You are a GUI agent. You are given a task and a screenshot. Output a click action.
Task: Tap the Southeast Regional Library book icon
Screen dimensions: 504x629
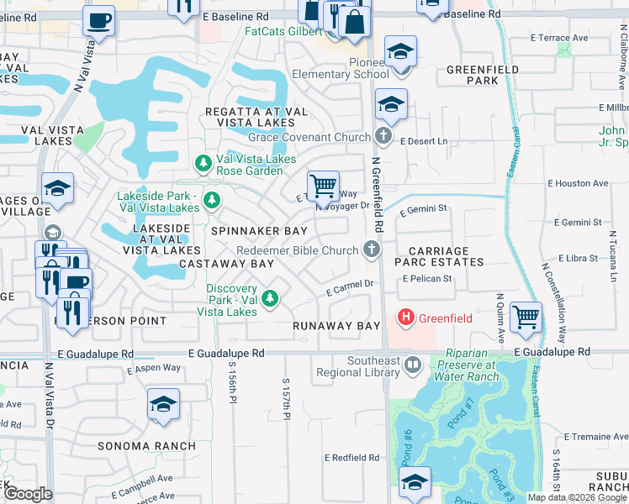(x=413, y=364)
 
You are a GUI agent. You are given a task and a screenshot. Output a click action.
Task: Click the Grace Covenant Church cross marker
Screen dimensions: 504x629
(x=383, y=136)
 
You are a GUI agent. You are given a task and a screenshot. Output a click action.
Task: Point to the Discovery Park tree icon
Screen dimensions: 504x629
(x=270, y=297)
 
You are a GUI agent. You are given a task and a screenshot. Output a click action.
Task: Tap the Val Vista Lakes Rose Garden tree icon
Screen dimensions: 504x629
(x=203, y=162)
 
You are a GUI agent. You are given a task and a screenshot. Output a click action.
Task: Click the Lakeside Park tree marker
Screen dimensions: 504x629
(x=212, y=200)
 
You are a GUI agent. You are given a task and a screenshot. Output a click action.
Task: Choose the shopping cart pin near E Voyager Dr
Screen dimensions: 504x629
(x=323, y=185)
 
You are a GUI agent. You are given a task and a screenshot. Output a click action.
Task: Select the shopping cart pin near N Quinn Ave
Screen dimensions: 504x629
(x=526, y=317)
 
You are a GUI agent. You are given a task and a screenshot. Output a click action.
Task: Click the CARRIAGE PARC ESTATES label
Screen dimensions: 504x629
(x=446, y=256)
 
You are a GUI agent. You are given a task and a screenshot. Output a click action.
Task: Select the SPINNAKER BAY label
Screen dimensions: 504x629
(x=258, y=230)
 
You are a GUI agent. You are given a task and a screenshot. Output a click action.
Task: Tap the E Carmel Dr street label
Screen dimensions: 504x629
(x=350, y=287)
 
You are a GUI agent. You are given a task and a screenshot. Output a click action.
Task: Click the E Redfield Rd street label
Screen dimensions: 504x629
(x=352, y=458)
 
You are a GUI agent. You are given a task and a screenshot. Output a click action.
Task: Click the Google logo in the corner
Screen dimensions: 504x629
(x=29, y=494)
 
